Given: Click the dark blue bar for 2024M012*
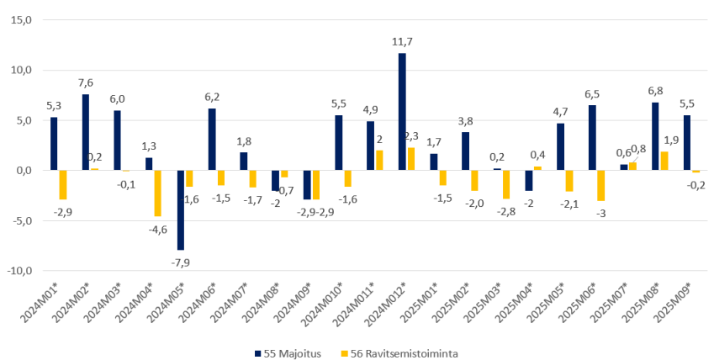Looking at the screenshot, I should pos(402,112).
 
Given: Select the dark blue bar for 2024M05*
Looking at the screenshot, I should pos(181,210).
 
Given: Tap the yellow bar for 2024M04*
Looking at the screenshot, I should pos(157,193).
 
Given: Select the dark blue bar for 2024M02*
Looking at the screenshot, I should pos(86,132).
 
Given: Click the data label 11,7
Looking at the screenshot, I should pos(402,41).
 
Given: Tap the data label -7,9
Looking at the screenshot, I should pos(181,262).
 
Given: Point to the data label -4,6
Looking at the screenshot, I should pos(157,228).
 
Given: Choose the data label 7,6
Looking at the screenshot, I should pos(87,82).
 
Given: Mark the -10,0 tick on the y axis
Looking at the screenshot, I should pos(20,271).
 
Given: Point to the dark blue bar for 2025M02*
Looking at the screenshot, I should pos(465,151).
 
